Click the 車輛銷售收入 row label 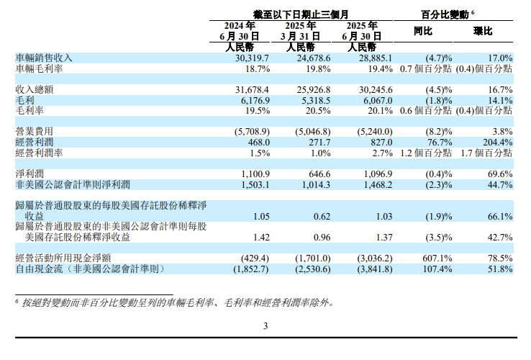point(44,58)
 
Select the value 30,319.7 point(250,58)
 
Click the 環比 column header point(483,32)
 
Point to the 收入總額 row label point(35,89)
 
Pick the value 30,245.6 point(373,89)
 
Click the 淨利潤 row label point(30,174)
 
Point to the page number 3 point(265,326)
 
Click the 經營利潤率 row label point(40,153)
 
